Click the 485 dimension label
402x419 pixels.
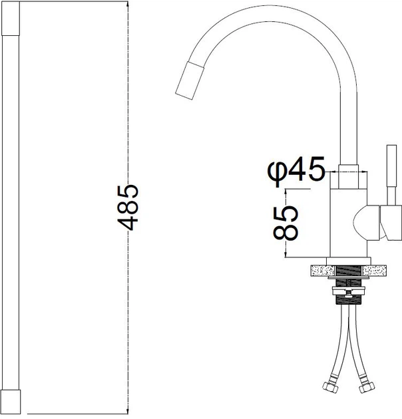point(128,208)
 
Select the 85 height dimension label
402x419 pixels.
point(286,223)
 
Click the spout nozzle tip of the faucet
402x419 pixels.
point(190,80)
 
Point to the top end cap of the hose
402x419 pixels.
point(11,18)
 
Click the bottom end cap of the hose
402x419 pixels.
point(11,402)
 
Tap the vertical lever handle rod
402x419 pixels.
point(392,176)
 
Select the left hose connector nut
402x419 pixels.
point(329,387)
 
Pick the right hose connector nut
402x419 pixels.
point(367,387)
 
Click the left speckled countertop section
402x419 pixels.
point(323,271)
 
